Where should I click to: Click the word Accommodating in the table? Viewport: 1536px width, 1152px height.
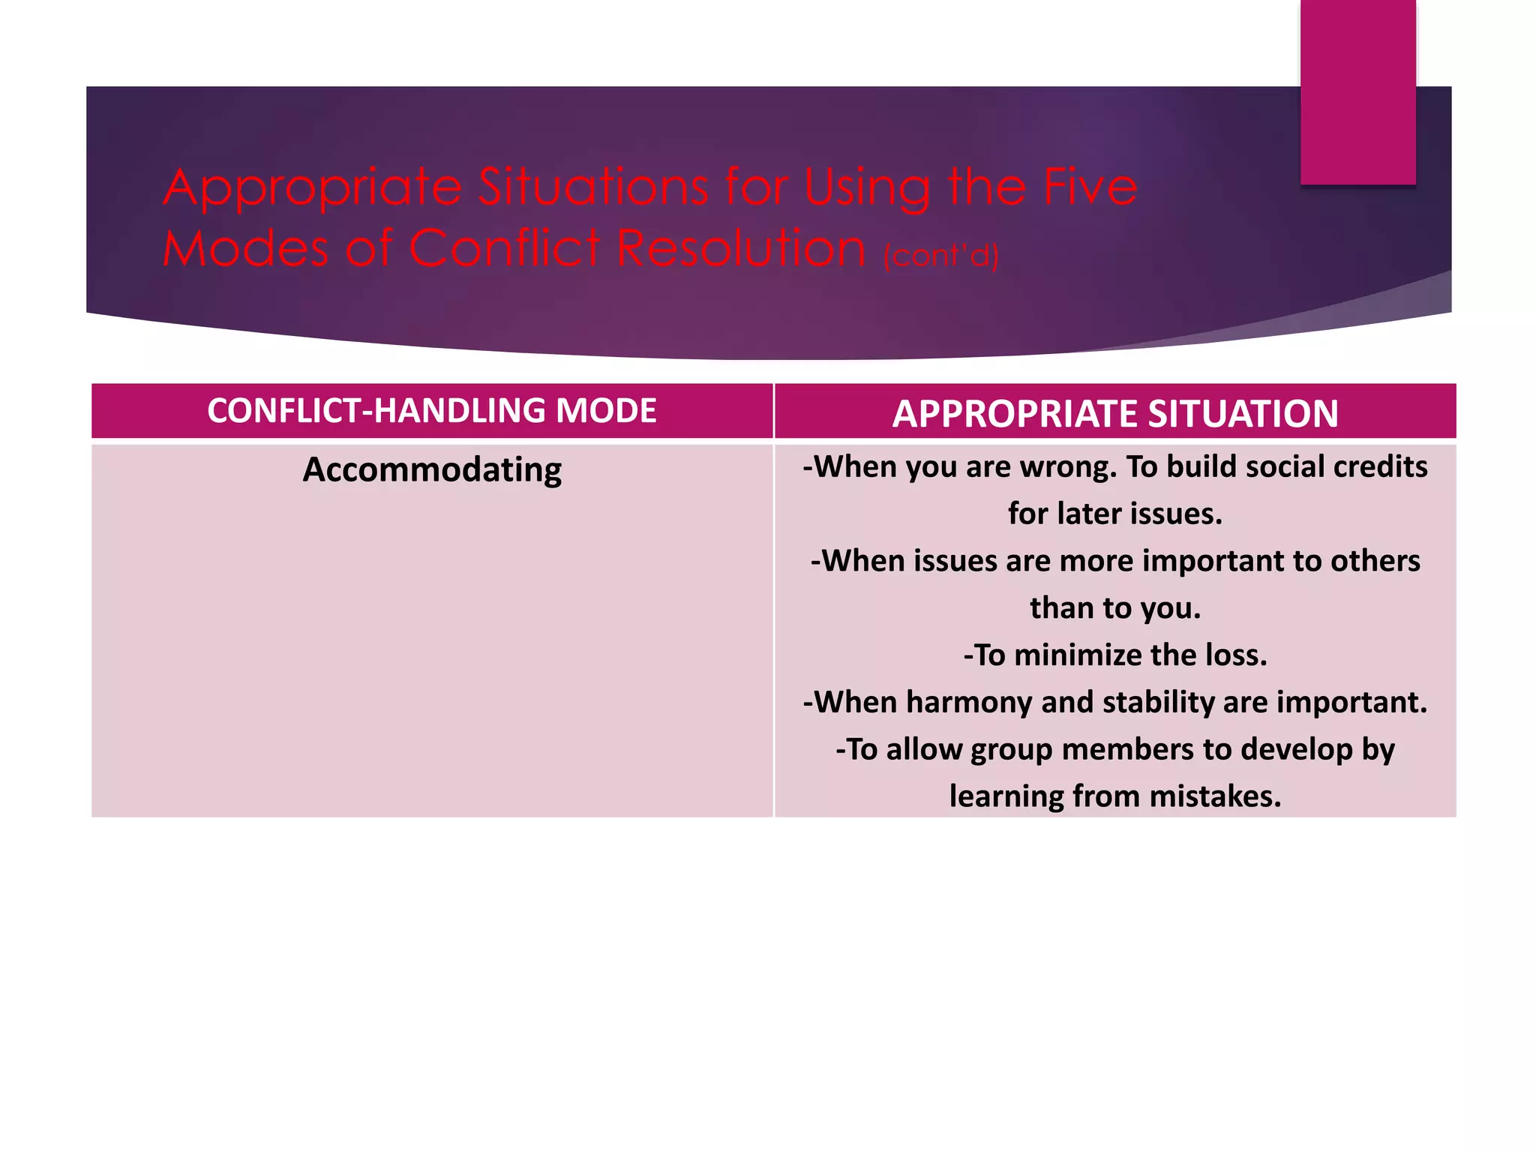432,470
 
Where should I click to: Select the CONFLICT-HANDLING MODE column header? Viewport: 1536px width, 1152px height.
432,410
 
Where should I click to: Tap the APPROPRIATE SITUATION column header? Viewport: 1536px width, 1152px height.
1115,413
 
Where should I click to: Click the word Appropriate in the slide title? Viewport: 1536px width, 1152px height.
311,187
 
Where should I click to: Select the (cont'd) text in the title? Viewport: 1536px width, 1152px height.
940,255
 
